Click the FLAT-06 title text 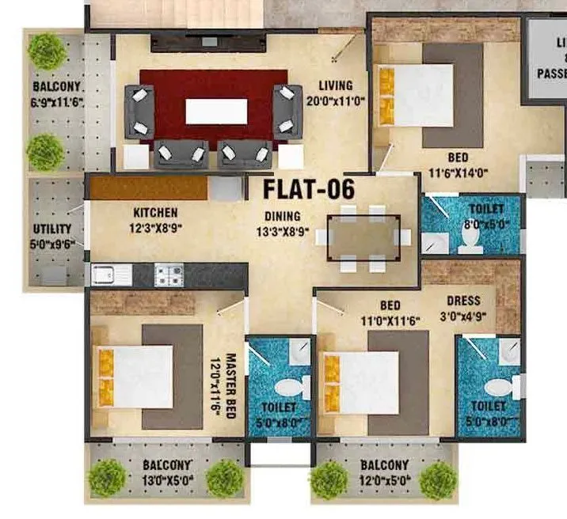click(x=308, y=191)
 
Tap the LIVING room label click(x=335, y=85)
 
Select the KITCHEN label click(x=155, y=214)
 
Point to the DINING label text click(x=283, y=216)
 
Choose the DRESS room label click(x=463, y=301)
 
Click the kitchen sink click(x=111, y=275)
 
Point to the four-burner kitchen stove click(x=169, y=275)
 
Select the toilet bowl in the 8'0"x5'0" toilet click(x=470, y=244)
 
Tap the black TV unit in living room click(x=207, y=42)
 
